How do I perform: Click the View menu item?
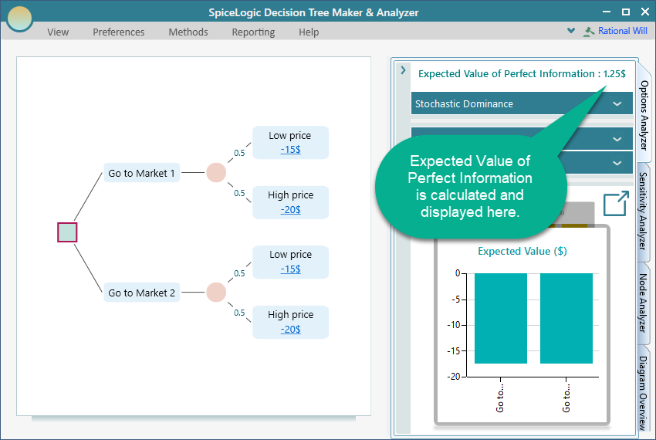pos(58,32)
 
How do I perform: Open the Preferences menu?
pos(118,32)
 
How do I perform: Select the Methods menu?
pos(188,32)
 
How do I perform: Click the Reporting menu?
pos(253,32)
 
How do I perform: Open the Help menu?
pos(309,32)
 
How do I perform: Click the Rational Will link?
pos(622,31)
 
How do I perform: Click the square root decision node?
pos(67,232)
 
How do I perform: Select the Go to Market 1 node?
pos(142,173)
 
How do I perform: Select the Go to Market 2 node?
pos(142,293)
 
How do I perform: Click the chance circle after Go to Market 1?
pos(216,173)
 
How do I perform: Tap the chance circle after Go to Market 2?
pos(216,293)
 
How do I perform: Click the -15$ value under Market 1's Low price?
pos(290,149)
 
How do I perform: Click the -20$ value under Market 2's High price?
pos(290,329)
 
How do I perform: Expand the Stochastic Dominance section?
pos(522,103)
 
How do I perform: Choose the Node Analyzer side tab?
pos(644,303)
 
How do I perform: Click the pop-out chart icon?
pos(615,205)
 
